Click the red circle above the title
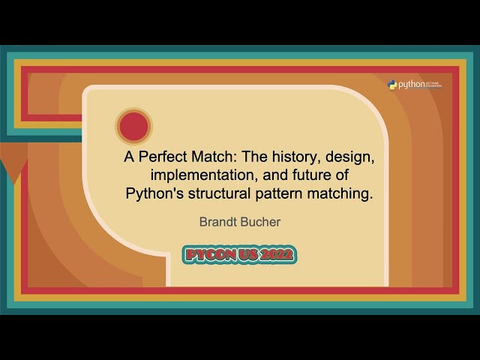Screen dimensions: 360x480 [x=133, y=126]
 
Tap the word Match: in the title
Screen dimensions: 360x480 [x=207, y=159]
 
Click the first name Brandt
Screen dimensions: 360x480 [x=216, y=222]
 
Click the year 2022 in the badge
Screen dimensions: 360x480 [x=277, y=255]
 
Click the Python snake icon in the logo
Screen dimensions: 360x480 [x=392, y=85]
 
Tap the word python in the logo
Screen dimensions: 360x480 [x=411, y=85]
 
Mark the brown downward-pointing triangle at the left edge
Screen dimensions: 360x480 [x=13, y=160]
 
